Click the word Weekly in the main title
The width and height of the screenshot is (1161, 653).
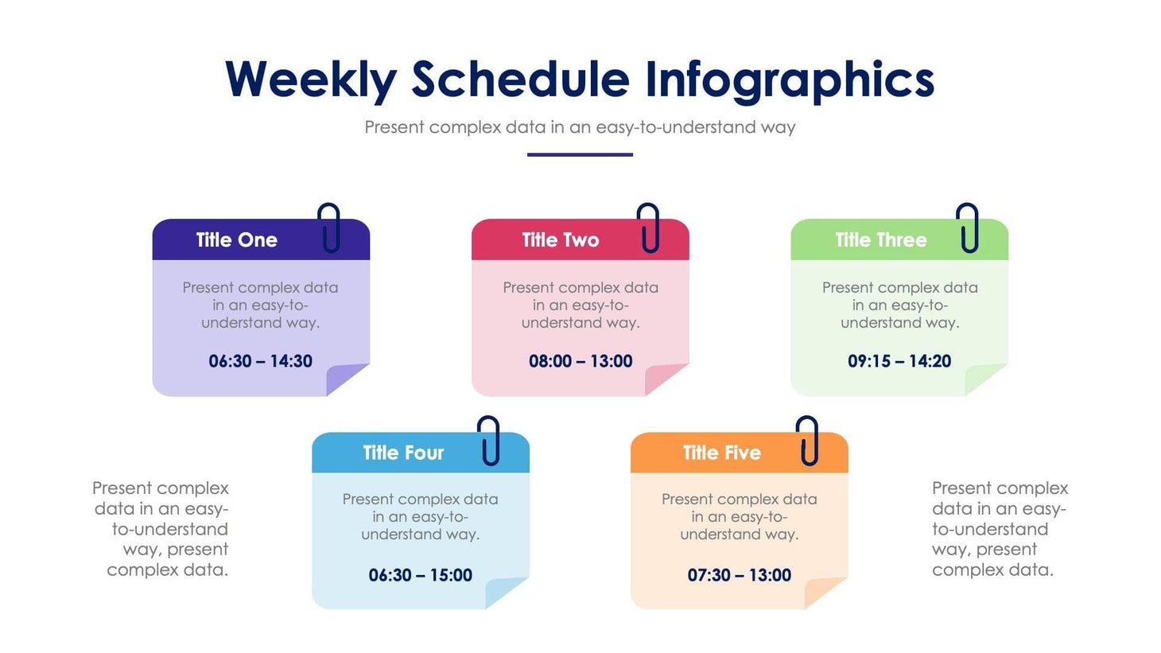click(x=310, y=80)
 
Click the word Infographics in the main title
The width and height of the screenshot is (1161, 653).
click(x=789, y=80)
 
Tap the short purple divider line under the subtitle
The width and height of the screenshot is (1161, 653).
click(x=580, y=154)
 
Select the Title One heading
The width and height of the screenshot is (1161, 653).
click(x=236, y=240)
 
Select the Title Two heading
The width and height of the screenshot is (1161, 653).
click(x=560, y=240)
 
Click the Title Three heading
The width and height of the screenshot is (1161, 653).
click(x=880, y=240)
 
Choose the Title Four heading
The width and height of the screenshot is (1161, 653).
click(x=403, y=453)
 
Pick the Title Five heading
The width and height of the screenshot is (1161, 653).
click(x=721, y=453)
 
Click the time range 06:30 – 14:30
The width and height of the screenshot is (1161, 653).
click(x=260, y=361)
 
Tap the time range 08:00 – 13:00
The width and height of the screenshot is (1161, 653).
click(x=580, y=361)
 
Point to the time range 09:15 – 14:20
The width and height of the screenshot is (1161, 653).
click(x=899, y=361)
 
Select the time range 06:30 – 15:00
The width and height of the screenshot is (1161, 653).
click(x=420, y=575)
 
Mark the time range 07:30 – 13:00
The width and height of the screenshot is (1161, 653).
click(x=739, y=575)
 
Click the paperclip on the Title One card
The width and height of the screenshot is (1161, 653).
click(x=329, y=227)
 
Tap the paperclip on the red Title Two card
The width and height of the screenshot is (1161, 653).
click(x=649, y=227)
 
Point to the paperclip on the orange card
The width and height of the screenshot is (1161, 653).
click(x=808, y=441)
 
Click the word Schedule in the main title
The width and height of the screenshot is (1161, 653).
click(x=520, y=80)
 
